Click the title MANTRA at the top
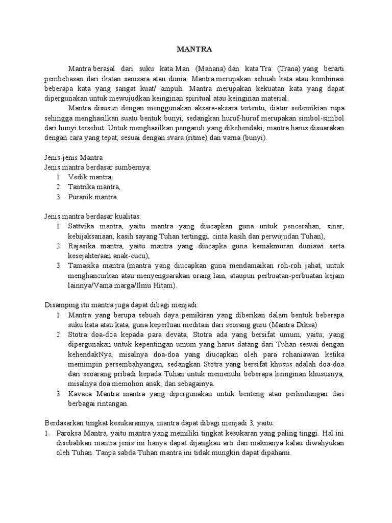(x=193, y=50)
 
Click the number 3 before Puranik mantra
(x=59, y=197)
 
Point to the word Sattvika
(x=82, y=226)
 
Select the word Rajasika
(x=82, y=246)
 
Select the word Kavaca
(x=80, y=393)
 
